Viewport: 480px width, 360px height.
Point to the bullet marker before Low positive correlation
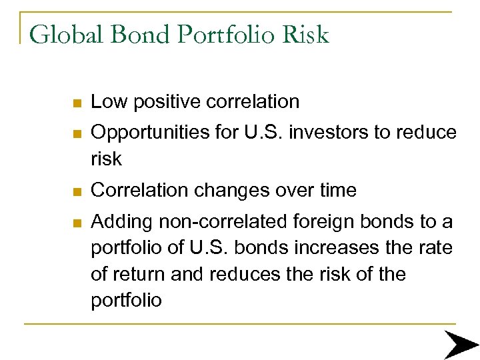(77, 103)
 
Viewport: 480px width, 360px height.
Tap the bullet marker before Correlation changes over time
(77, 192)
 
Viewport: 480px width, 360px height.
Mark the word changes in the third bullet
(234, 191)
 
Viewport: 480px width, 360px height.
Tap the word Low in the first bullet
(107, 102)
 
